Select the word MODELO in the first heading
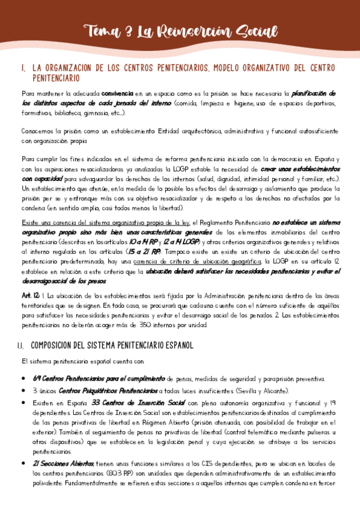pyautogui.click(x=225, y=68)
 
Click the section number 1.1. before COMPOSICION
pyautogui.click(x=22, y=346)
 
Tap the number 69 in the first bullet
pyautogui.click(x=37, y=379)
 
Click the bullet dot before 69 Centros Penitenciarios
pyautogui.click(x=23, y=379)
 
